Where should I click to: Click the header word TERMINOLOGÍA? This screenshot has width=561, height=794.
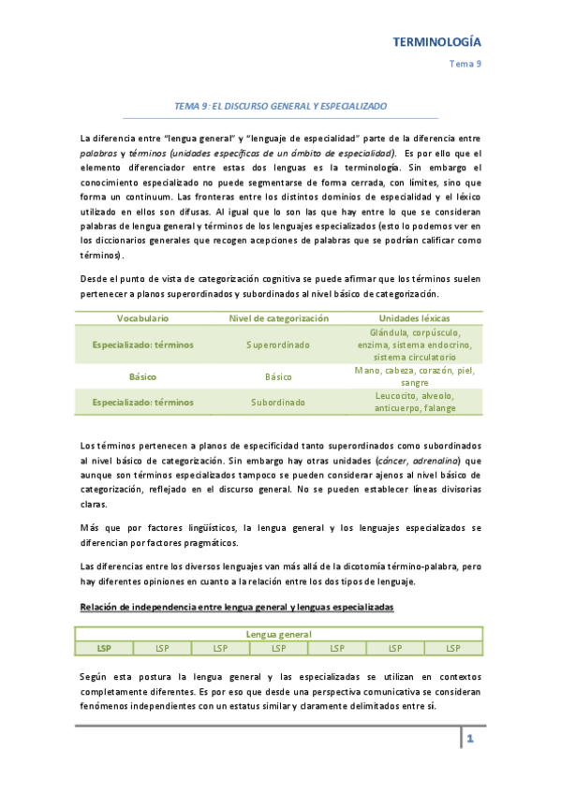pyautogui.click(x=436, y=42)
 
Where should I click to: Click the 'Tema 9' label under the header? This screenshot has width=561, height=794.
pyautogui.click(x=465, y=64)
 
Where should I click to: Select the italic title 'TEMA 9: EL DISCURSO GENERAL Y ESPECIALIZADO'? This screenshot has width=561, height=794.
pyautogui.click(x=281, y=107)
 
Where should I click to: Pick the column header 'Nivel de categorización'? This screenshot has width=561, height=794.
pyautogui.click(x=278, y=319)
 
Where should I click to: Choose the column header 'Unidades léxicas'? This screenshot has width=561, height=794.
pyautogui.click(x=414, y=319)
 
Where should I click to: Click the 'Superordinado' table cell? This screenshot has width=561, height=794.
pyautogui.click(x=278, y=345)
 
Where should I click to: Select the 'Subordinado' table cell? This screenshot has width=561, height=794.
pyautogui.click(x=278, y=402)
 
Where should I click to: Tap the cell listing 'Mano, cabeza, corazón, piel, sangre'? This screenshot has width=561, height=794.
pyautogui.click(x=414, y=376)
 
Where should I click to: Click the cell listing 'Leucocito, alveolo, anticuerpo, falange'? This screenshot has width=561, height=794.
pyautogui.click(x=414, y=402)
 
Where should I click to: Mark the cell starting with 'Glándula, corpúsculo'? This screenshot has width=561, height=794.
pyautogui.click(x=414, y=345)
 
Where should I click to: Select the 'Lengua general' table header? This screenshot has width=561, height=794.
pyautogui.click(x=279, y=634)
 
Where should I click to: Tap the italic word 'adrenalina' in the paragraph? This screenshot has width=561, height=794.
pyautogui.click(x=430, y=462)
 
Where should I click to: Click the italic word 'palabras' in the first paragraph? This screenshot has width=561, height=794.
pyautogui.click(x=98, y=153)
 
